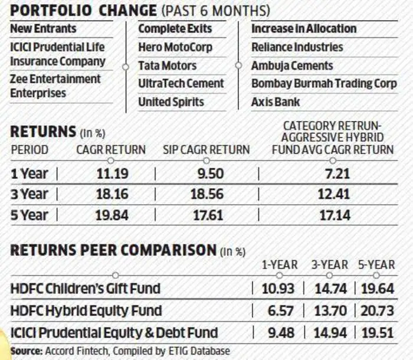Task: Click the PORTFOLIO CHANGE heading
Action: (x=83, y=11)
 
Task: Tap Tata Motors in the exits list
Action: (x=168, y=66)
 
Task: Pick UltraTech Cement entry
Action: (x=181, y=84)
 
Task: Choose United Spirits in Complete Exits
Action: (x=171, y=102)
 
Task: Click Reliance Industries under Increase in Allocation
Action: (x=297, y=47)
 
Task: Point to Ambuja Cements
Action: (x=292, y=66)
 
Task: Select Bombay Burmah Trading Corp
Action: (x=324, y=84)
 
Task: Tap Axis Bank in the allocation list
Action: (x=276, y=102)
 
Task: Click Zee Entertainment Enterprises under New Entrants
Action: (x=55, y=86)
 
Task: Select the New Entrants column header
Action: (x=43, y=28)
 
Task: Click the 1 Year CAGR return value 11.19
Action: (x=112, y=174)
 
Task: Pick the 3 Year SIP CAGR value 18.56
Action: (x=206, y=194)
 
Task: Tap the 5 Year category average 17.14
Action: (x=335, y=215)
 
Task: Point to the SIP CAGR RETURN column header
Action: (x=206, y=150)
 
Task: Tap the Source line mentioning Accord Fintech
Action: (x=120, y=351)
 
